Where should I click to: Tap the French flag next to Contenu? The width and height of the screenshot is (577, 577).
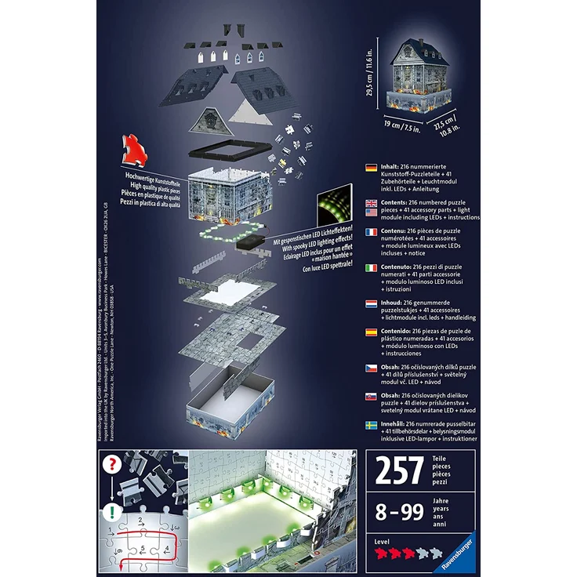point(371,233)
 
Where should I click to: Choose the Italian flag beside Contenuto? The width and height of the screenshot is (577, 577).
point(371,268)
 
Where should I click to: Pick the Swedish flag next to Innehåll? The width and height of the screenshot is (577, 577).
point(371,424)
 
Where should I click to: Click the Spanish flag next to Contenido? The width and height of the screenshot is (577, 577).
point(371,332)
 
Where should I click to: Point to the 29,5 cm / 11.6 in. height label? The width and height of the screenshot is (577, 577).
point(371,79)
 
